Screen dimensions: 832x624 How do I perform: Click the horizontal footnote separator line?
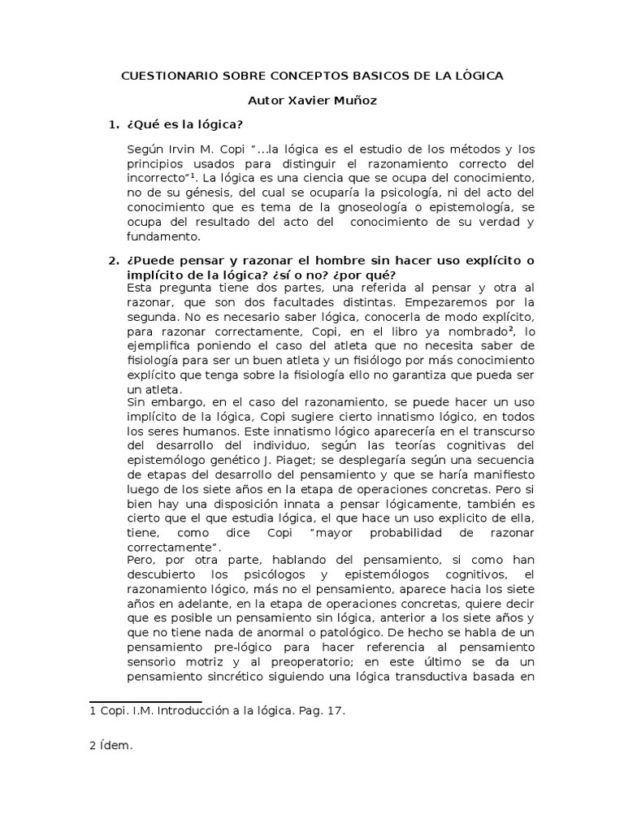click(145, 701)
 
